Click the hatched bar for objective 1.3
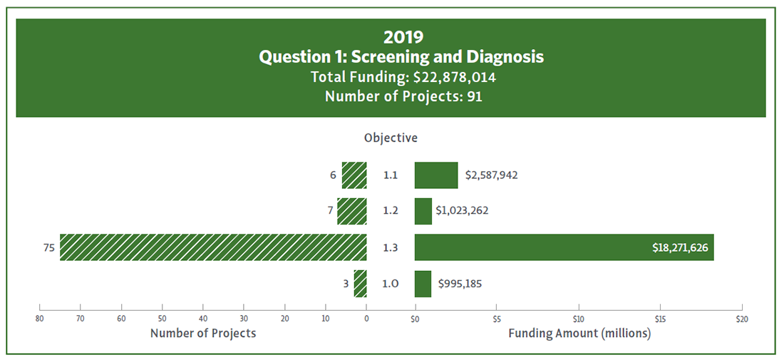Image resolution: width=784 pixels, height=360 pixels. [213, 247]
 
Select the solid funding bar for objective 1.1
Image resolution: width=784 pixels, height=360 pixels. [436, 175]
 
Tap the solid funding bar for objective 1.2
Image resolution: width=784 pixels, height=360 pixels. [423, 211]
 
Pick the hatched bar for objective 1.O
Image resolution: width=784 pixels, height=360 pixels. [361, 284]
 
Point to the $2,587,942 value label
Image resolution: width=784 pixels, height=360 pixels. [492, 175]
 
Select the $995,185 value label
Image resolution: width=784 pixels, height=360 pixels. [463, 284]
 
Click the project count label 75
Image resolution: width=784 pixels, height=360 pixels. [48, 247]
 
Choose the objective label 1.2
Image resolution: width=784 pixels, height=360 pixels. [391, 211]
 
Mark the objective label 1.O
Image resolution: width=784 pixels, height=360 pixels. [391, 284]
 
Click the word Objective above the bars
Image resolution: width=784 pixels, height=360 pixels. [391, 138]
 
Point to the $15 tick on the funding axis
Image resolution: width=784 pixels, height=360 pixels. [661, 317]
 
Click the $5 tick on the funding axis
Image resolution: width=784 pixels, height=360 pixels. [497, 317]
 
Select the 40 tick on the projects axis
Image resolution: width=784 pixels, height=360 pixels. [203, 317]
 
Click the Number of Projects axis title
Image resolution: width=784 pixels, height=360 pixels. [203, 333]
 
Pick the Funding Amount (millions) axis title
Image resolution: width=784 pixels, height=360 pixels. [579, 333]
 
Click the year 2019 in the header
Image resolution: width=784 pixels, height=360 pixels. [391, 36]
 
